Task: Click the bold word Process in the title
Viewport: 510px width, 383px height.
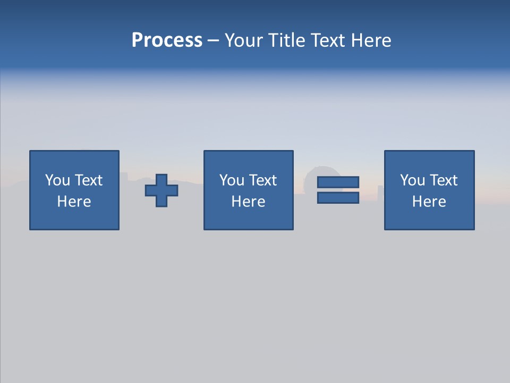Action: [x=167, y=40]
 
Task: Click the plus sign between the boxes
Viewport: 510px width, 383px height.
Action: [x=161, y=190]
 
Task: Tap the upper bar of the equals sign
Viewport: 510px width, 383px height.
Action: [x=338, y=182]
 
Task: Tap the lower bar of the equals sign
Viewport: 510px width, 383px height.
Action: [x=338, y=197]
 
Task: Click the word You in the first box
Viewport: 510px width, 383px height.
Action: [x=57, y=180]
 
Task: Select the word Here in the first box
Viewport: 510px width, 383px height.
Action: [x=74, y=202]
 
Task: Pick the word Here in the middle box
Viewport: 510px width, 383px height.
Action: [x=249, y=202]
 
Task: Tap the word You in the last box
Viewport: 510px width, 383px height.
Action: [x=412, y=180]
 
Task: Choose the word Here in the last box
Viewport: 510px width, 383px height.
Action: [x=429, y=202]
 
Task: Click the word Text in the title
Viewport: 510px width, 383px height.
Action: [x=325, y=40]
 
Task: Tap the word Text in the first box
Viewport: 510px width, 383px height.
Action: [x=88, y=180]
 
